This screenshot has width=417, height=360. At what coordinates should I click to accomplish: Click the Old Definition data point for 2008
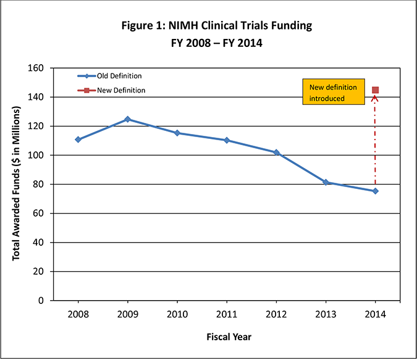click(x=78, y=140)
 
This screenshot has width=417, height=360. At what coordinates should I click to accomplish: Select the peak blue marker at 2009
click(x=127, y=119)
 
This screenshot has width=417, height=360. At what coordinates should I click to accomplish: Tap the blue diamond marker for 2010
click(x=177, y=133)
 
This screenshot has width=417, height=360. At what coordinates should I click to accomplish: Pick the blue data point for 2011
click(x=227, y=140)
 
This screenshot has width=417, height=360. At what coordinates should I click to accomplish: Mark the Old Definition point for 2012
click(x=276, y=153)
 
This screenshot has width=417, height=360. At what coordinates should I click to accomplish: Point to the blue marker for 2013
click(x=326, y=182)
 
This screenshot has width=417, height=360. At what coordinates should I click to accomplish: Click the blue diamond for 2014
click(x=375, y=191)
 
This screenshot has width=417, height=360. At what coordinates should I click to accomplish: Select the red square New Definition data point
click(x=375, y=90)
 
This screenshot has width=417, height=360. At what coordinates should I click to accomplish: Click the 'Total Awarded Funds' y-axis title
click(x=17, y=183)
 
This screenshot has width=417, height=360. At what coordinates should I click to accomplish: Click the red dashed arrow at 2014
click(x=375, y=142)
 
